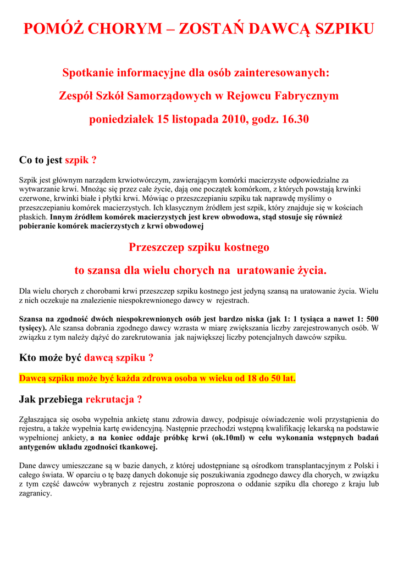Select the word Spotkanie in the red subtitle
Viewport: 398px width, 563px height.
[89, 73]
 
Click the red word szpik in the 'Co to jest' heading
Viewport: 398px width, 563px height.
[77, 161]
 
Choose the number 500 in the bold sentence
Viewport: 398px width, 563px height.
[372, 319]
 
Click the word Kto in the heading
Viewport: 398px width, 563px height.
[28, 358]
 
